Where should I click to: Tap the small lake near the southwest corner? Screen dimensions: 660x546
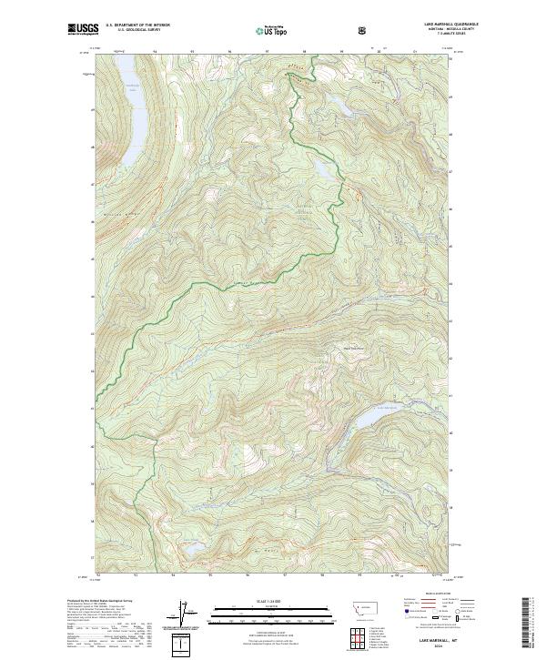point(194,549)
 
